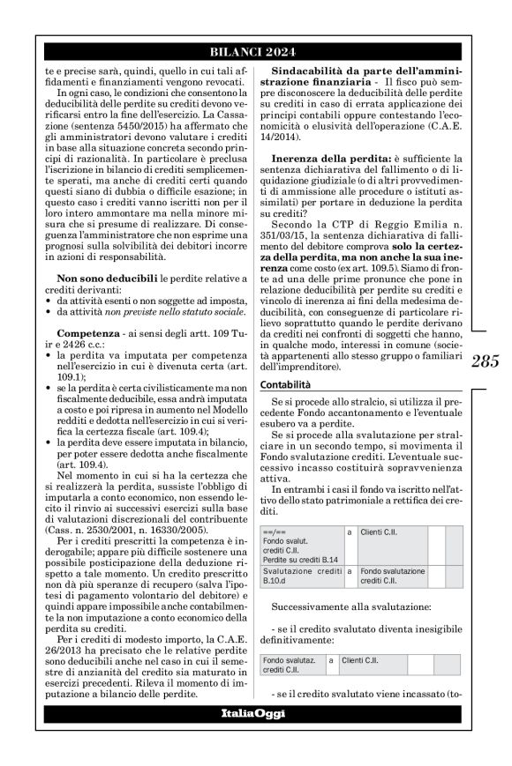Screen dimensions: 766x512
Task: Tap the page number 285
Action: (x=486, y=361)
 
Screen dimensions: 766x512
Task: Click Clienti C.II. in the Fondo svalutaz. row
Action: (x=358, y=658)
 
